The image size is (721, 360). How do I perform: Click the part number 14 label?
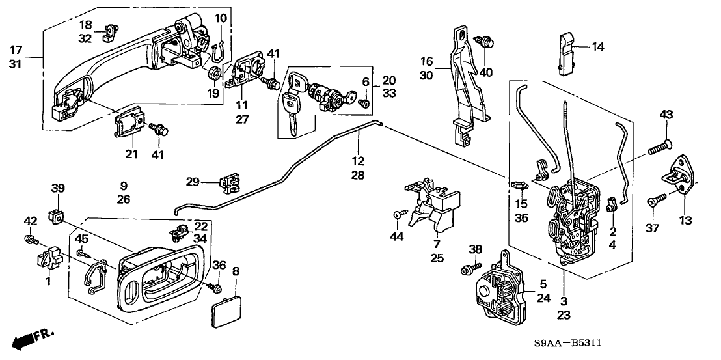[x=598, y=46]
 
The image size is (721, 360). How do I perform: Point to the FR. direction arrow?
[x=33, y=339]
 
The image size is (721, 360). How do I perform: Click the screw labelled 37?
[x=657, y=201]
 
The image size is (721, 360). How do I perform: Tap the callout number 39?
[x=58, y=188]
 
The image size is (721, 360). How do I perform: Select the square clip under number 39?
[x=57, y=214]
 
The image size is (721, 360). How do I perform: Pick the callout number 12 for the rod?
[x=357, y=160]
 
